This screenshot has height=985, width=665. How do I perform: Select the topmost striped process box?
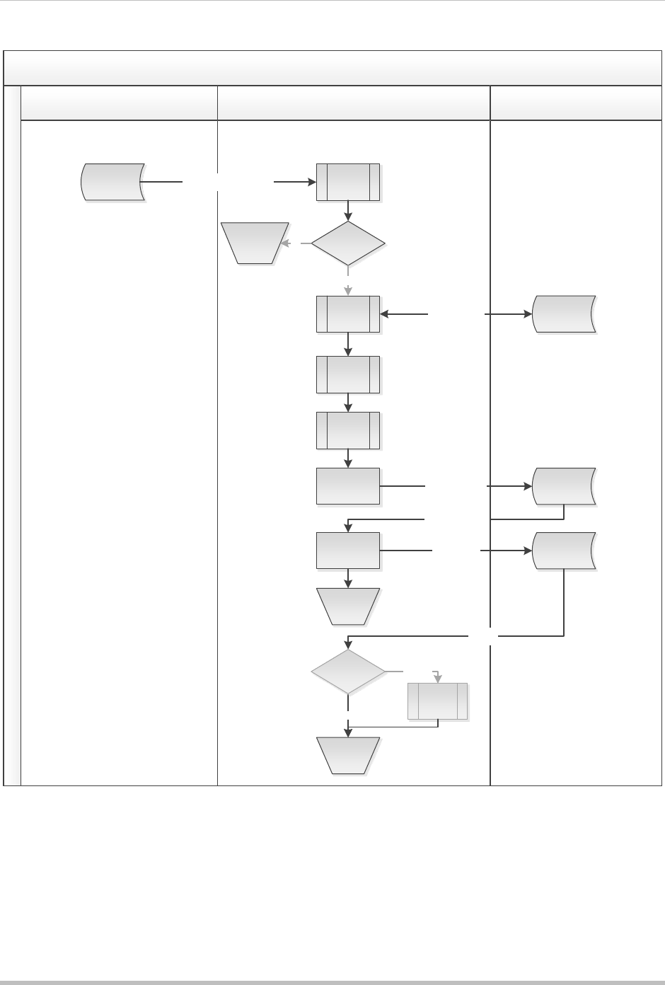point(348,182)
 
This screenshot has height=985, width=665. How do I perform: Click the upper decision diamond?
point(348,243)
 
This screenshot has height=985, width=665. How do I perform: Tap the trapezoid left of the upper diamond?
point(255,243)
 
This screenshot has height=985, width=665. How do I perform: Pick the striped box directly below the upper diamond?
point(348,313)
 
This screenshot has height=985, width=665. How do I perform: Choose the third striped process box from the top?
point(348,374)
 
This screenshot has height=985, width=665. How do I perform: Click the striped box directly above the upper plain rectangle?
point(348,430)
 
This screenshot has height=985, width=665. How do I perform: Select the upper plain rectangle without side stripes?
point(348,486)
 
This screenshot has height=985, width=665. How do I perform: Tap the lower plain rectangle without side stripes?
point(348,551)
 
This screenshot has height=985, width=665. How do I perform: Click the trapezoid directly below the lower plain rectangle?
point(348,606)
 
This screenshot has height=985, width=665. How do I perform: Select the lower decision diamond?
point(348,670)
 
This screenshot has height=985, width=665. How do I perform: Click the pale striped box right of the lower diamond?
point(438,701)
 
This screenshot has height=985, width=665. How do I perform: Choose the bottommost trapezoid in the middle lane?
point(348,755)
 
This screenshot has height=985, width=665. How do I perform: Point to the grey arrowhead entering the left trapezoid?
point(285,243)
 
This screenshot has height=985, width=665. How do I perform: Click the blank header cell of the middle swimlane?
point(353,103)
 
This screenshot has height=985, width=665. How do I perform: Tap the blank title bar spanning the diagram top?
point(332,68)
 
